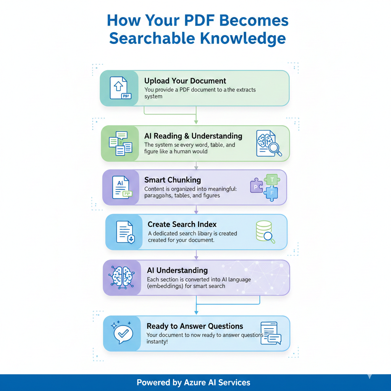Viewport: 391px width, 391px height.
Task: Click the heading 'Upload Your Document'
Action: coord(185,81)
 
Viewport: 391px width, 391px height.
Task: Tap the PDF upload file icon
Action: coord(120,88)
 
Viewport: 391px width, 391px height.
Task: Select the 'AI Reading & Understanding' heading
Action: coord(193,136)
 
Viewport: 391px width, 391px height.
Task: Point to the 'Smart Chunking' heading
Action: coord(173,180)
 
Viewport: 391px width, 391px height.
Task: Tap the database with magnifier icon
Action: coord(265,231)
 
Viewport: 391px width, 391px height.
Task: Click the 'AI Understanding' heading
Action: coord(177,270)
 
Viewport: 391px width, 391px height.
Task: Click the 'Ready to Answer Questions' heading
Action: coord(195,326)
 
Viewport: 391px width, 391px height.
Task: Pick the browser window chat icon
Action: coord(270,333)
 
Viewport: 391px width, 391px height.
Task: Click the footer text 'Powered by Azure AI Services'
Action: coord(194,382)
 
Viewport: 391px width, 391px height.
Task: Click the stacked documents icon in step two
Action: coord(120,143)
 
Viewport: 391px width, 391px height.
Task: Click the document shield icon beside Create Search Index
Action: coord(125,232)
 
